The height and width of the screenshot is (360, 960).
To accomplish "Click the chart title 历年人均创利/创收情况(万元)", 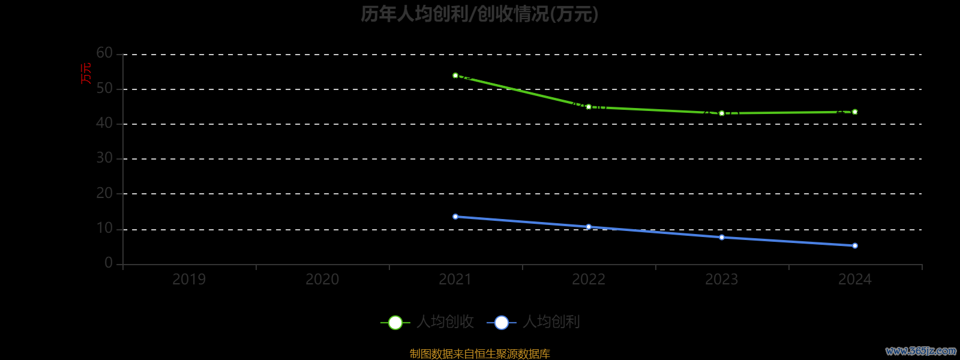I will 479,14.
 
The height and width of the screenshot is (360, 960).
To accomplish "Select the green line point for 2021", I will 455,76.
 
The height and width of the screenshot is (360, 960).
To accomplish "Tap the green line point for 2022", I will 589,107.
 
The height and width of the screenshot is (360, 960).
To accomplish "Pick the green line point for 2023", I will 722,113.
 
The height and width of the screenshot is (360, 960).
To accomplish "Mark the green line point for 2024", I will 855,112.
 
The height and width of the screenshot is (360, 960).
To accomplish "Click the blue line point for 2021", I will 455,217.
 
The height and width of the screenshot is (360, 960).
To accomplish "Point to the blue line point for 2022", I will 589,227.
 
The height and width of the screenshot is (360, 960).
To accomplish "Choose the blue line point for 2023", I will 722,238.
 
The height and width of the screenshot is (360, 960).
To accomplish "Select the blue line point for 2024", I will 855,245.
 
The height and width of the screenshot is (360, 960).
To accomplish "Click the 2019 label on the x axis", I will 189,280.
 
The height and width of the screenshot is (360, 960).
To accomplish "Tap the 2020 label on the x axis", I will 322,280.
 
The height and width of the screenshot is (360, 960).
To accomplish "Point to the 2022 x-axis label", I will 589,280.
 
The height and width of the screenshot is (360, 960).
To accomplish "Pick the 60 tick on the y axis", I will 104,53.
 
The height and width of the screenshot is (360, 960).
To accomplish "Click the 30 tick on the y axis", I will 104,158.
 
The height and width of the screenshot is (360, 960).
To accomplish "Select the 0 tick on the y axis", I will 109,263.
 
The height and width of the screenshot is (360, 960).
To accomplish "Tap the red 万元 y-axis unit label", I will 86,73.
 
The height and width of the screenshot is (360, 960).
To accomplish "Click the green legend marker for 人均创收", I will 395,323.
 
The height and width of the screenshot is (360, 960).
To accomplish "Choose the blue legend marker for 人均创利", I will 502,323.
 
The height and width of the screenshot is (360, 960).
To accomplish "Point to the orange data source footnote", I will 479,354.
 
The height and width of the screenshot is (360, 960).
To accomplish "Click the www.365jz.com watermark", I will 921,351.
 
